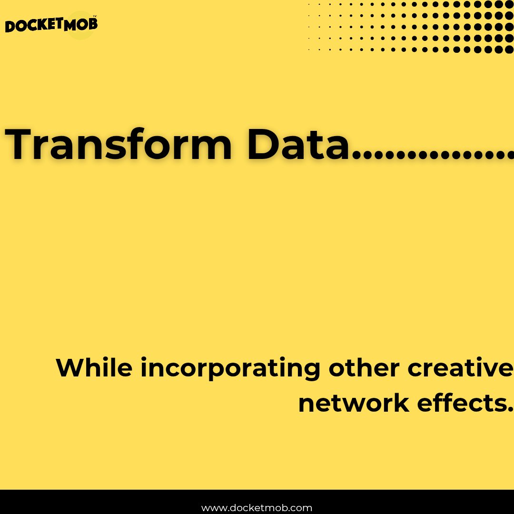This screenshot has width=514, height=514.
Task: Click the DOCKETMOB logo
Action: pyautogui.click(x=51, y=25)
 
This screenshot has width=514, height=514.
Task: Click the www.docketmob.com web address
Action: pyautogui.click(x=257, y=508)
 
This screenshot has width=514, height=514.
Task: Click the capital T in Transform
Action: pyautogui.click(x=21, y=144)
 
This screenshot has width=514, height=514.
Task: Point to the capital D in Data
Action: pyautogui.click(x=264, y=144)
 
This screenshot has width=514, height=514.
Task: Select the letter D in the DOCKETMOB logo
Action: pyautogui.click(x=11, y=27)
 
